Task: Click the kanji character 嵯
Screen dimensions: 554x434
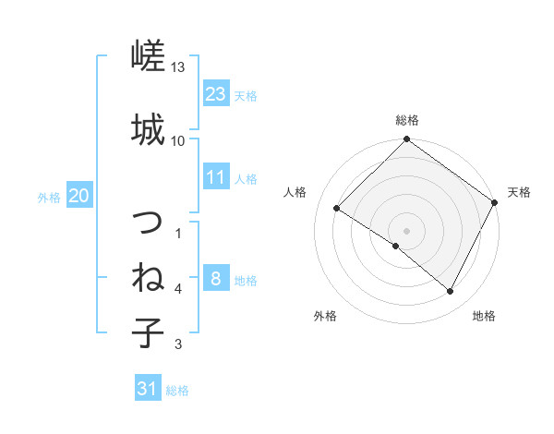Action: (x=148, y=58)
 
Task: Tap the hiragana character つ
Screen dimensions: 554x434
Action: (x=148, y=223)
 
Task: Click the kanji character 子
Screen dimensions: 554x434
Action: (x=148, y=332)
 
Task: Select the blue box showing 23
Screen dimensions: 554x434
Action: (x=216, y=94)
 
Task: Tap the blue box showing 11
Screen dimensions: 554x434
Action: (x=216, y=177)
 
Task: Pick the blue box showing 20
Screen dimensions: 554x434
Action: (x=79, y=196)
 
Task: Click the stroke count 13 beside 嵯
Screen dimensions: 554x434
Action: (x=178, y=67)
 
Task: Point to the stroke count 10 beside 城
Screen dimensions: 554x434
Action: (x=178, y=140)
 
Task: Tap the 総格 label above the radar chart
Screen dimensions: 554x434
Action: (x=406, y=120)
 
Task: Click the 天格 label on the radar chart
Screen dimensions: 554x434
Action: (x=519, y=192)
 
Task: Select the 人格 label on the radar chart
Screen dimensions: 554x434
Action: (x=295, y=192)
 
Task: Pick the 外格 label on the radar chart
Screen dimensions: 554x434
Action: (x=325, y=316)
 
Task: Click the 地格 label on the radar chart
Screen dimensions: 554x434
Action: (x=484, y=316)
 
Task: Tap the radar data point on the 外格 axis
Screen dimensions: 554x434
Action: (x=396, y=246)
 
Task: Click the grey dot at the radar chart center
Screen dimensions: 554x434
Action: (x=406, y=230)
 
